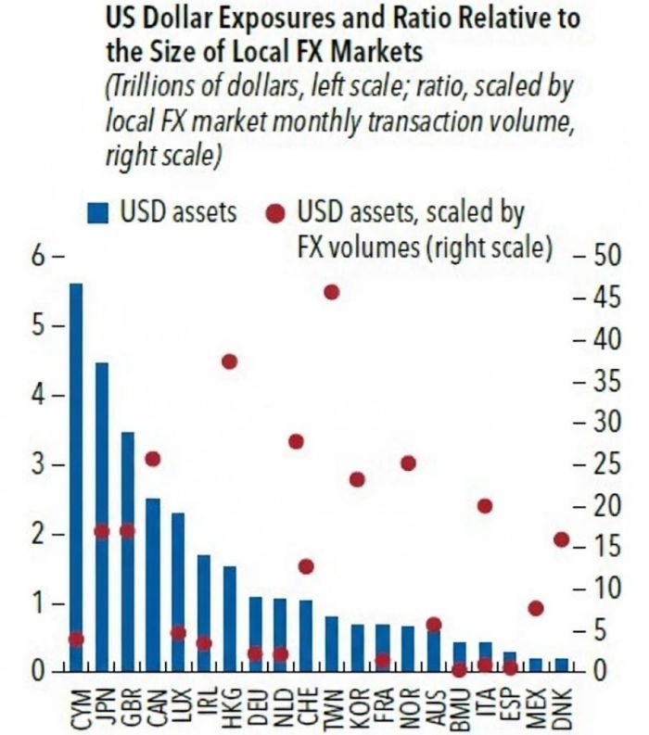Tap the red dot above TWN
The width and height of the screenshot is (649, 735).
[x=332, y=293]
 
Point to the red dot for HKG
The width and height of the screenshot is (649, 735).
[x=230, y=361]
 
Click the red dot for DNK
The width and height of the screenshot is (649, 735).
[x=562, y=539]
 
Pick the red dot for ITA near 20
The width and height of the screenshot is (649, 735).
[x=485, y=506]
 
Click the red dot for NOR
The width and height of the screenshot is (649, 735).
[x=408, y=463]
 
